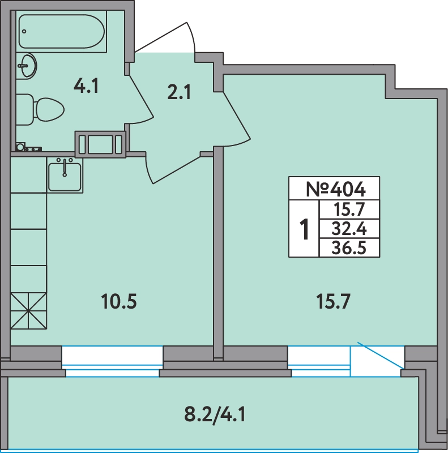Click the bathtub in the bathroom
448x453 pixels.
pos(62,32)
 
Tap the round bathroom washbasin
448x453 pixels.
pos(27,66)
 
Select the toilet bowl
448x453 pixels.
pos(40,109)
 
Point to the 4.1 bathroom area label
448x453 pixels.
pos(86,86)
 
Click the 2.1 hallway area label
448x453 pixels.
pos(179,92)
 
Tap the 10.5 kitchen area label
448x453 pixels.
pos(119,301)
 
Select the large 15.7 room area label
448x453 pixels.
pos(334,301)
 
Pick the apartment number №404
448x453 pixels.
pos(335,189)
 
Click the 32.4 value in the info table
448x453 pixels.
pos(349,229)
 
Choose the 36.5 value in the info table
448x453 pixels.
pos(349,248)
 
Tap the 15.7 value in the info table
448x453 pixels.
pos(349,210)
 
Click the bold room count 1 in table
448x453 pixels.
pos(304,229)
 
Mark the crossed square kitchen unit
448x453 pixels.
pos(28,311)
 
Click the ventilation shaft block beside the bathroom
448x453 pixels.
pos(101,144)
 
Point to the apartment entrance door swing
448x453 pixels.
pos(166,37)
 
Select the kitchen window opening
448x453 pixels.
pos(113,361)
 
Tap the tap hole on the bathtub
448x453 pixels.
pos(24,31)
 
